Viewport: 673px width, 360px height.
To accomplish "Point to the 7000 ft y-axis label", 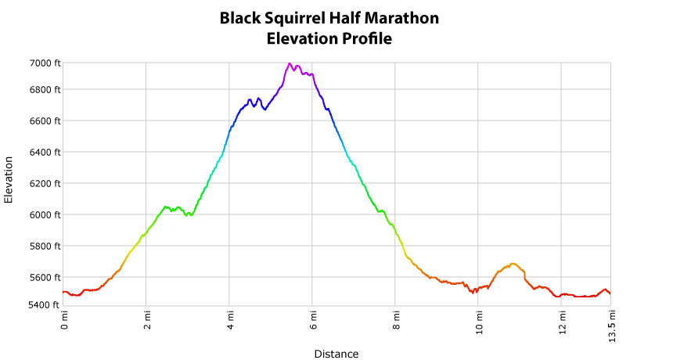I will [x=44, y=63].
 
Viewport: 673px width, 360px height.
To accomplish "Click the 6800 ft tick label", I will [x=44, y=89].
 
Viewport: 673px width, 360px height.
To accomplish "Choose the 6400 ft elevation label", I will [x=44, y=152].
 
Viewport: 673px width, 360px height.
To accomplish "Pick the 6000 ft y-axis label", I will [x=44, y=214].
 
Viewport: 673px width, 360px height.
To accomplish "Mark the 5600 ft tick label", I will [x=44, y=277].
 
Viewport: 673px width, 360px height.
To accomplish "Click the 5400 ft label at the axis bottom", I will [x=44, y=304].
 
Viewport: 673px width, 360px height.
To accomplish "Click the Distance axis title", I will [x=336, y=354].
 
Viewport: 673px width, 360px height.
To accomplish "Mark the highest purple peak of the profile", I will [x=290, y=64].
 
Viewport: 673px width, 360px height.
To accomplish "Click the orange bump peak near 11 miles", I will [x=513, y=264].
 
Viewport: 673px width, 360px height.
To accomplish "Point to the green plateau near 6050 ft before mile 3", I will [x=167, y=207].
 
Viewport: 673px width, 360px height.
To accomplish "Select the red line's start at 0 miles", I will [x=64, y=292].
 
